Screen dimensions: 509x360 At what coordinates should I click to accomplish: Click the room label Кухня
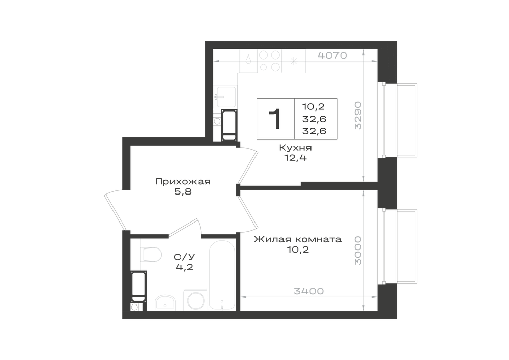295,148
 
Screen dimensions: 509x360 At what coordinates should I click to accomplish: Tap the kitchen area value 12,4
295,158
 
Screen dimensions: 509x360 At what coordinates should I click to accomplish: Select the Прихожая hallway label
183,181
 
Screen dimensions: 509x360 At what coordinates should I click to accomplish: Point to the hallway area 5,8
183,192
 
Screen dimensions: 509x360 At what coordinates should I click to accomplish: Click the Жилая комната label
298,239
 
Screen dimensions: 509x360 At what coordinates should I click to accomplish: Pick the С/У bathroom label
184,257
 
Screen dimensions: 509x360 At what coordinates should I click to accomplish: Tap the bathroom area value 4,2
184,267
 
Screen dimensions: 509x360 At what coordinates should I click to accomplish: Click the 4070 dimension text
332,56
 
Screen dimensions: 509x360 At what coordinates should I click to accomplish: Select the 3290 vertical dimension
358,116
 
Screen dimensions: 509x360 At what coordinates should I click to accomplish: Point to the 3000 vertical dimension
358,251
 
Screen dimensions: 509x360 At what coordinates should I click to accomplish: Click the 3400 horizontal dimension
309,291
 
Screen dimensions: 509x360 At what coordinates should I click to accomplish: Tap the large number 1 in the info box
275,119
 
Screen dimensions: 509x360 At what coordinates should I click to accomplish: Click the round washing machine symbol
195,300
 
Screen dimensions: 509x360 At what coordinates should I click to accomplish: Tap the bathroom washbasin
165,302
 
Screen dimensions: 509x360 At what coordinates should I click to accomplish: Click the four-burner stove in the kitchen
269,61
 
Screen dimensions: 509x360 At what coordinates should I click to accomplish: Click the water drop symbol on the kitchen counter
248,59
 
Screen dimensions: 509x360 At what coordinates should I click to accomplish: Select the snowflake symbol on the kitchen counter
294,61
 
